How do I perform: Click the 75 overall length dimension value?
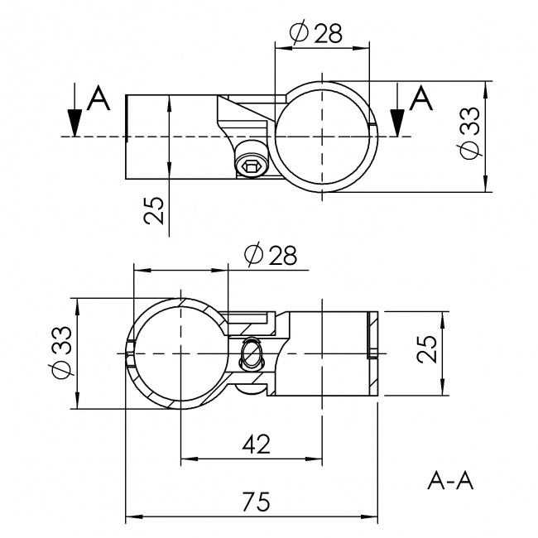pyautogui.click(x=257, y=502)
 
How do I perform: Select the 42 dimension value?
pyautogui.click(x=257, y=444)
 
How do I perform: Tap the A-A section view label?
pyautogui.click(x=451, y=480)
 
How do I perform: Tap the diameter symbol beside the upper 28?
pyautogui.click(x=300, y=32)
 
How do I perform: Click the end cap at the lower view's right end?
pyautogui.click(x=372, y=335)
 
